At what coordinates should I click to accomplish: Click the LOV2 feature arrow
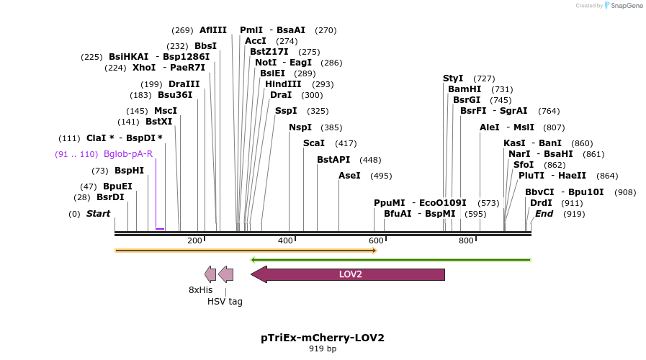tap(350, 274)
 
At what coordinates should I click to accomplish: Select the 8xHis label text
tap(201, 289)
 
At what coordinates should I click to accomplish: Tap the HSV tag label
tap(225, 301)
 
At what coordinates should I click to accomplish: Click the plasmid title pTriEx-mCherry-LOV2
tap(323, 338)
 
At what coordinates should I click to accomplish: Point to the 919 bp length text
tap(323, 349)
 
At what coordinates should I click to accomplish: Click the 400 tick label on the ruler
tap(285, 240)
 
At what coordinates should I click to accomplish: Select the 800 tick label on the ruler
tap(466, 240)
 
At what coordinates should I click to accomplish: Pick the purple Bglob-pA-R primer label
tap(128, 154)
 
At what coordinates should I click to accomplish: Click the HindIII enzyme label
tap(283, 84)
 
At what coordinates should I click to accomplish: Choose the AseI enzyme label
tap(349, 176)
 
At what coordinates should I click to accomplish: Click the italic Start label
tap(99, 214)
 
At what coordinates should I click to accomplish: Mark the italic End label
tap(544, 214)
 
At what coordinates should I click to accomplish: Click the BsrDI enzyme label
tap(110, 197)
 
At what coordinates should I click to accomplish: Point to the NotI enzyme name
tap(266, 63)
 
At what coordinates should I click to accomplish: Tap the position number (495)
tap(381, 176)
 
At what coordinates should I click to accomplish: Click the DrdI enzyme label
tap(541, 203)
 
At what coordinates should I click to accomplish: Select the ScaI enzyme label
tap(314, 143)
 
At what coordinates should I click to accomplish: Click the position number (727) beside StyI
tap(484, 78)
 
